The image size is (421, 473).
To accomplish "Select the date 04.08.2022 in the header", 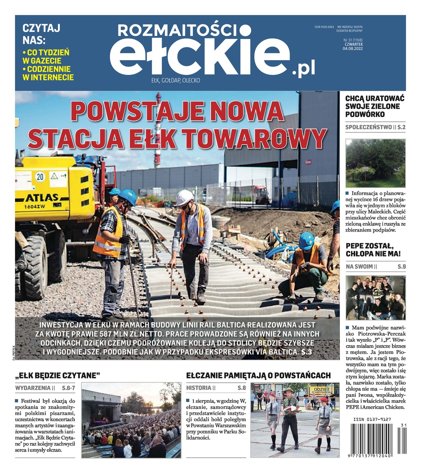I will (x=353, y=49).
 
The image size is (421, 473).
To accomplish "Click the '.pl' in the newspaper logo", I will (x=303, y=69).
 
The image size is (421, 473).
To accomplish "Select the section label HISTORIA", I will (x=199, y=388).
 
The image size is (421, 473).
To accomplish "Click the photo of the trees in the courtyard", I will (x=375, y=163).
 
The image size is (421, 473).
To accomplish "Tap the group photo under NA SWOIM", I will (x=375, y=298).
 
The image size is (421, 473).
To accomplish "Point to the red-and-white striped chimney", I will (x=158, y=130).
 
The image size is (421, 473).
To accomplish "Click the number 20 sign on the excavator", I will (x=40, y=177).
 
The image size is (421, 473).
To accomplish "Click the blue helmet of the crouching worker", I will (x=306, y=240).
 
